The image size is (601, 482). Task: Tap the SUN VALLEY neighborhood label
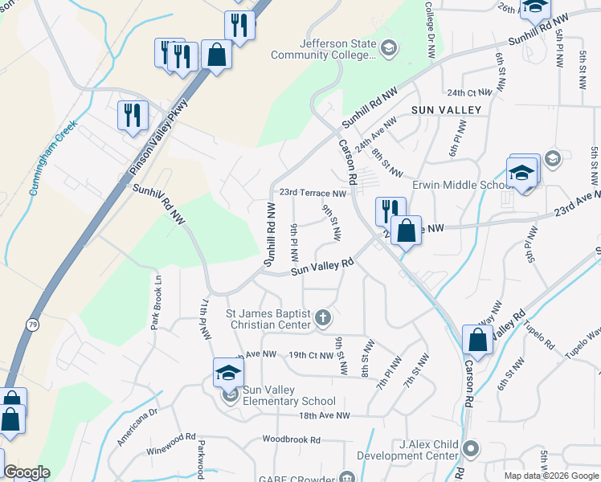click(446, 109)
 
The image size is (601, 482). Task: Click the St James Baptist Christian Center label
click(268, 319)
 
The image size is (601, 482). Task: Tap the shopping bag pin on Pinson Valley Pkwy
click(216, 55)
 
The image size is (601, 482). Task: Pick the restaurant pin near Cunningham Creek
click(132, 115)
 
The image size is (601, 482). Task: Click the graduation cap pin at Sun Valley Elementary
click(228, 372)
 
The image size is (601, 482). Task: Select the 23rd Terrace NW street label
click(313, 194)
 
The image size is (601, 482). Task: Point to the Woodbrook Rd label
click(292, 440)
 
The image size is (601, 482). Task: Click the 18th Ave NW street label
click(325, 415)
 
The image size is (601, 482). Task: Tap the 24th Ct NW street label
click(469, 92)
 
